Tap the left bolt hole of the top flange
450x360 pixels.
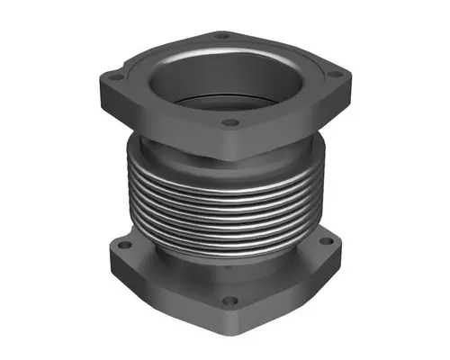(x=119, y=77)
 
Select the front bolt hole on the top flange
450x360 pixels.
(x=229, y=121)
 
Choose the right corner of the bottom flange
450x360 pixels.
(x=347, y=256)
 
